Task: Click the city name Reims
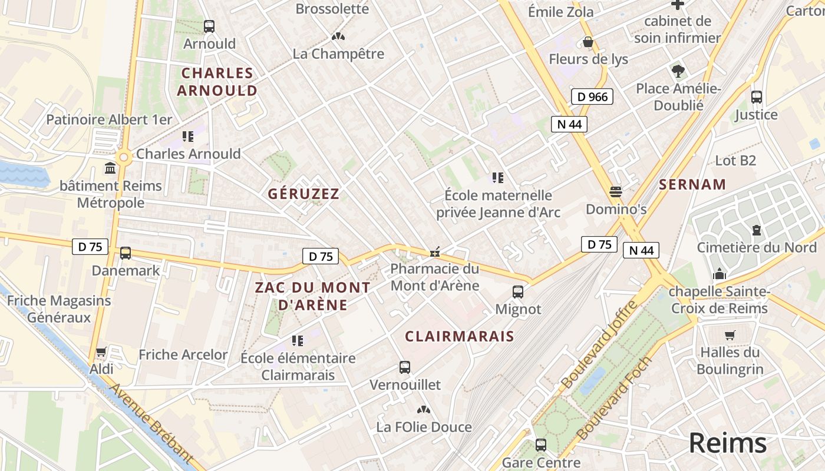(728, 443)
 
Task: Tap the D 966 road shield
(592, 97)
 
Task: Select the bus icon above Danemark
(126, 253)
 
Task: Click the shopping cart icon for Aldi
(101, 352)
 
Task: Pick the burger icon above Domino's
(616, 192)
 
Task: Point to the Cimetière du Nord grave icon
(757, 230)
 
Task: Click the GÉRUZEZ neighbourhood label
(303, 194)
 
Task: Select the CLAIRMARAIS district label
(460, 336)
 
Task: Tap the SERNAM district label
(692, 184)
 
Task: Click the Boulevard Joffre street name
(599, 344)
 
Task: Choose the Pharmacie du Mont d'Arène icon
(435, 253)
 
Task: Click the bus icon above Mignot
(518, 291)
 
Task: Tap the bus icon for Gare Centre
(540, 445)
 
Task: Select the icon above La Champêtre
(338, 37)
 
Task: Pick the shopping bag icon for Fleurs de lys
(588, 42)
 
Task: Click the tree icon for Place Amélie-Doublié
(678, 71)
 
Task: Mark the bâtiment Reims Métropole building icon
(110, 169)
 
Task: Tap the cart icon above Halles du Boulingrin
(730, 336)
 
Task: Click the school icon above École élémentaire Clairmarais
(298, 340)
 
